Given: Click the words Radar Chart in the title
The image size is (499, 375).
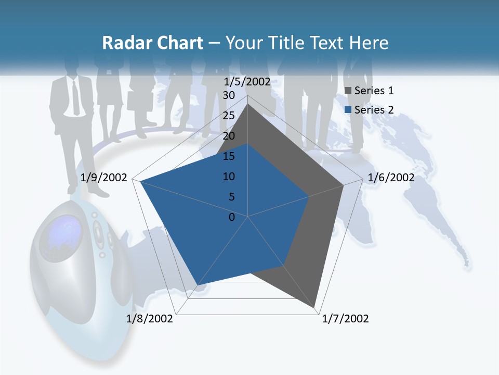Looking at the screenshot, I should (x=152, y=43).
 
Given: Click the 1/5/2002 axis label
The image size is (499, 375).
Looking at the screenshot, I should (x=247, y=82).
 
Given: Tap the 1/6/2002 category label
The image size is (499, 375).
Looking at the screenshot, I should (x=391, y=178).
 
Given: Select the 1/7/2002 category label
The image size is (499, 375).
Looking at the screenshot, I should (x=345, y=319).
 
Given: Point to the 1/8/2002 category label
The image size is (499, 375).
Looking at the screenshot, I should (x=150, y=319).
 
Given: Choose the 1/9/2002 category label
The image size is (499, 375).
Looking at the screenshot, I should (x=104, y=178).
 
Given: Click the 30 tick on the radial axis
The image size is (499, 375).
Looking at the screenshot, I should (x=229, y=95).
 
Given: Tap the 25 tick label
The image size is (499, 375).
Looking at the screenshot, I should (x=229, y=116).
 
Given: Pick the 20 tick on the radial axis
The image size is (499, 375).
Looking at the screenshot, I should (x=229, y=136).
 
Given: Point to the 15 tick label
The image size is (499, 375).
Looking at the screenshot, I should (x=229, y=156).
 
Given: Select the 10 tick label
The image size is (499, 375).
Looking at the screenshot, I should (x=229, y=177).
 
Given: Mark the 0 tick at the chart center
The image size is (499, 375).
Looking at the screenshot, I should (x=232, y=217).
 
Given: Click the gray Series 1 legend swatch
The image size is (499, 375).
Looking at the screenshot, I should (x=348, y=91).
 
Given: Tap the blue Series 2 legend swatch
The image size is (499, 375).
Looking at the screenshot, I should (x=348, y=110).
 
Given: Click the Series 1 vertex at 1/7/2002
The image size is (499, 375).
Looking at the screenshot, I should (x=314, y=308).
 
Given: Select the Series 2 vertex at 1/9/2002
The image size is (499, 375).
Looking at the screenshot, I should (x=140, y=181).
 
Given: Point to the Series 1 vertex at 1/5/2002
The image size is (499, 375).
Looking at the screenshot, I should (x=247, y=104).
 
